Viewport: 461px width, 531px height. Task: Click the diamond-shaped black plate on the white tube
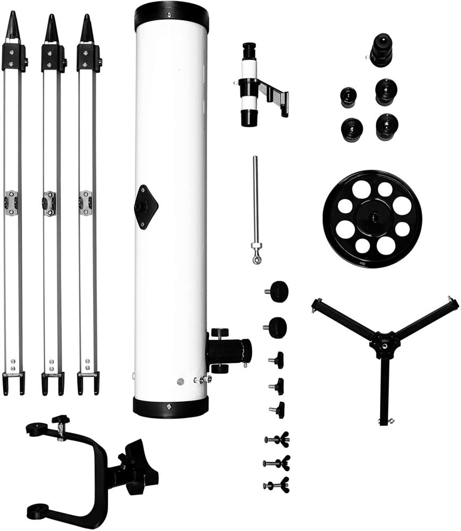point(146,207)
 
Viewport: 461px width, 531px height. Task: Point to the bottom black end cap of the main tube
point(170,407)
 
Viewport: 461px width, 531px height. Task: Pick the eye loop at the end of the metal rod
point(257,259)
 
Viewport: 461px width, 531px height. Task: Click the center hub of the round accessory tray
point(372,218)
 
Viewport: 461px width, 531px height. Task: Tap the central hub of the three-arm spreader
point(385,344)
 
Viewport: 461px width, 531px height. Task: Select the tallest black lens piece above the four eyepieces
point(381,49)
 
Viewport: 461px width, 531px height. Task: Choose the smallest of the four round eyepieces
point(348,97)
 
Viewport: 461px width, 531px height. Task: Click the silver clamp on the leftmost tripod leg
point(11,203)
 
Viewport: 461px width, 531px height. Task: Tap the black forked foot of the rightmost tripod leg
point(88,382)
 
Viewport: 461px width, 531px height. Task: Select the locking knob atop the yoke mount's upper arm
point(61,420)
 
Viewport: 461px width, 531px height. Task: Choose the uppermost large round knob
point(278,291)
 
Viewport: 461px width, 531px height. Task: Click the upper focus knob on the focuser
point(220,332)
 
